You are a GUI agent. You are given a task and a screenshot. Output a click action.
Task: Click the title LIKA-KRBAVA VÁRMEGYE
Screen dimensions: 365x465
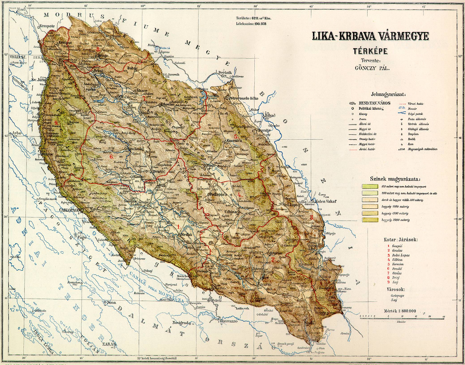(370, 36)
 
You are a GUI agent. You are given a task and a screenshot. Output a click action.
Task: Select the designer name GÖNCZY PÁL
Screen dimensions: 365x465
(370, 68)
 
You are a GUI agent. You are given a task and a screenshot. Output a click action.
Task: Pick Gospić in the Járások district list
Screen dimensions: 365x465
(399, 246)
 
